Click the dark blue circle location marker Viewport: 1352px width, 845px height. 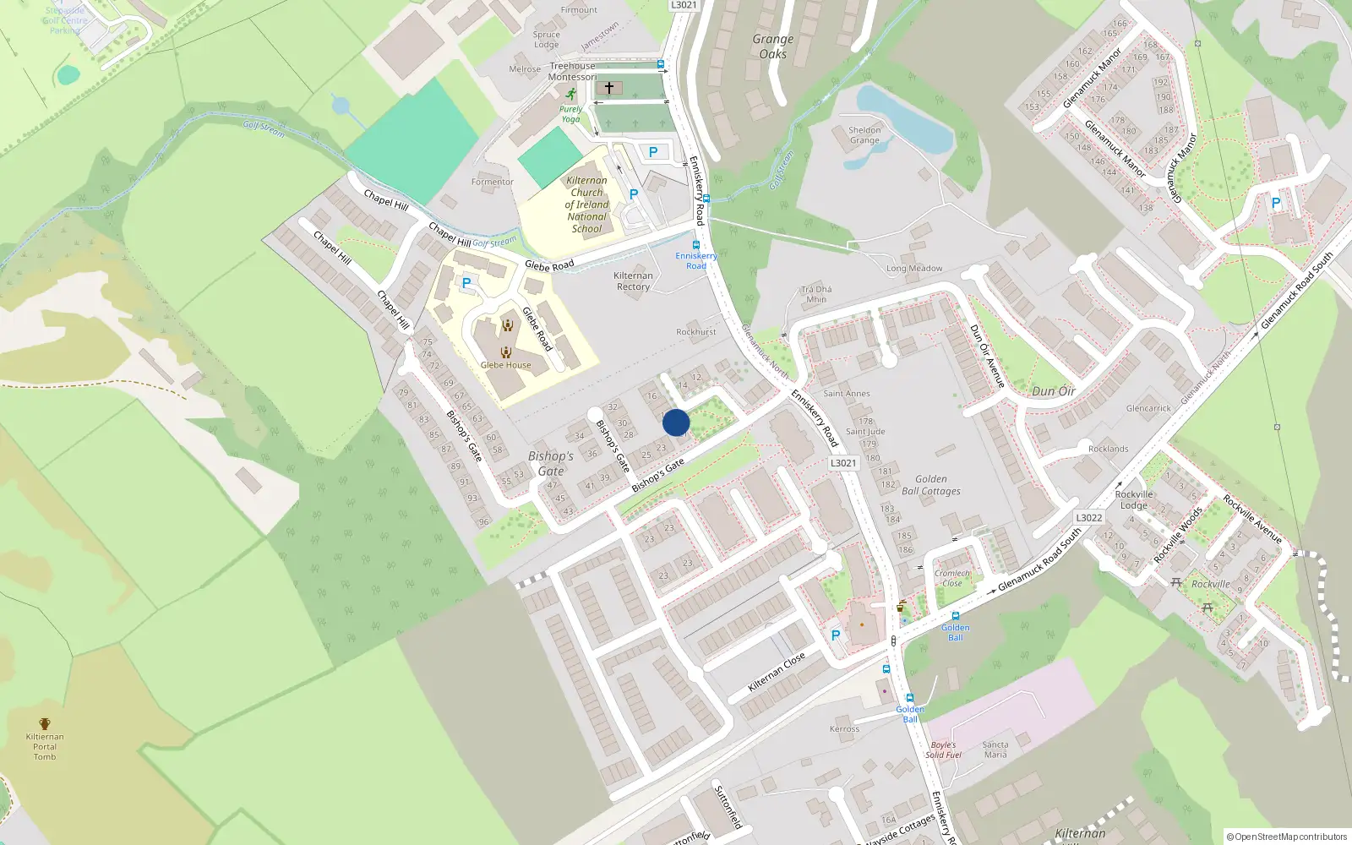point(676,422)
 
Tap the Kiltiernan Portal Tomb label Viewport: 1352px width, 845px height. point(45,746)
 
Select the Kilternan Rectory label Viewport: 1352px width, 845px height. point(633,281)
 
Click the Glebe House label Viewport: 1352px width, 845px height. point(506,365)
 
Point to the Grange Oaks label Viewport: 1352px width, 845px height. point(773,46)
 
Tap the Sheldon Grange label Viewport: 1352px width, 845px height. point(864,135)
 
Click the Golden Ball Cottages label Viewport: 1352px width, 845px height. point(930,485)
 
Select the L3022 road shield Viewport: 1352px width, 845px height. point(1088,518)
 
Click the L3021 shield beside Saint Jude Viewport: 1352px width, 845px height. point(843,463)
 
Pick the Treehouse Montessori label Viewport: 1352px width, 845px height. point(572,71)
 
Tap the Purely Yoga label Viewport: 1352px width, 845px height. point(570,114)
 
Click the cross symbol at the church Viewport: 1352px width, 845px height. point(609,88)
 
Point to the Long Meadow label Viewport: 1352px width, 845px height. point(914,269)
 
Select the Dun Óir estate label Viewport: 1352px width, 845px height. point(1054,391)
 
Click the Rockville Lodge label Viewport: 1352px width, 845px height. point(1134,499)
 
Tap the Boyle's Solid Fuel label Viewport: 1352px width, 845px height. point(943,750)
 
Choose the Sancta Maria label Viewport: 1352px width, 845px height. point(995,750)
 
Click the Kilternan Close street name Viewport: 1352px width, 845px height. point(777,673)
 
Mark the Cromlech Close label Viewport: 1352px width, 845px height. point(952,578)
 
